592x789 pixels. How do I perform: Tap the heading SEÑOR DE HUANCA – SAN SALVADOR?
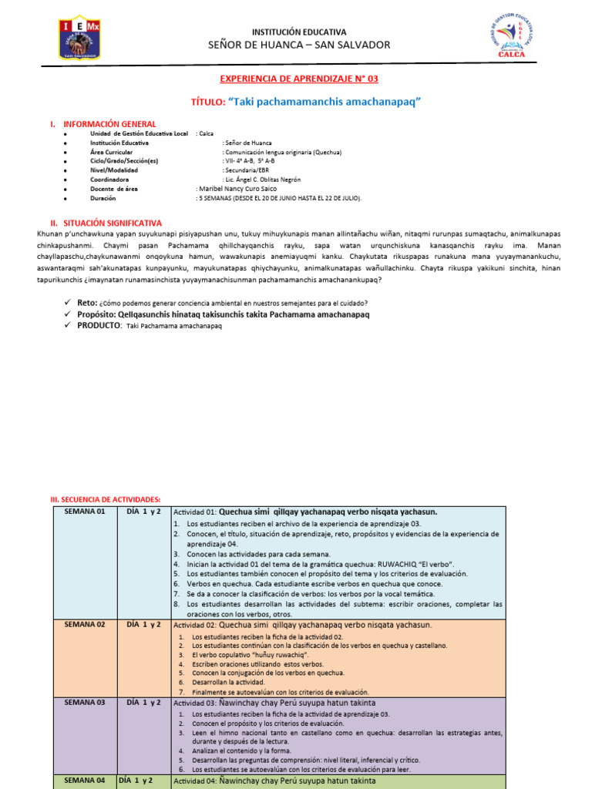click(x=299, y=45)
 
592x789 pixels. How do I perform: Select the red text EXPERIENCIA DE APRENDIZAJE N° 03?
click(x=299, y=79)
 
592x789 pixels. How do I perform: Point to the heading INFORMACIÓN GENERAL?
click(x=109, y=124)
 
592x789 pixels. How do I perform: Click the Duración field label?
click(x=104, y=197)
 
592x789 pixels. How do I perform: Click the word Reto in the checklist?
click(x=86, y=303)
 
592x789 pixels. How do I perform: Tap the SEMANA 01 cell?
click(x=85, y=512)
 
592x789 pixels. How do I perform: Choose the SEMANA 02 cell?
click(x=85, y=624)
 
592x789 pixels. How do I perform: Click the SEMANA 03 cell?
click(x=85, y=702)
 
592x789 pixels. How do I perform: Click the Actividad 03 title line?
click(x=274, y=703)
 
